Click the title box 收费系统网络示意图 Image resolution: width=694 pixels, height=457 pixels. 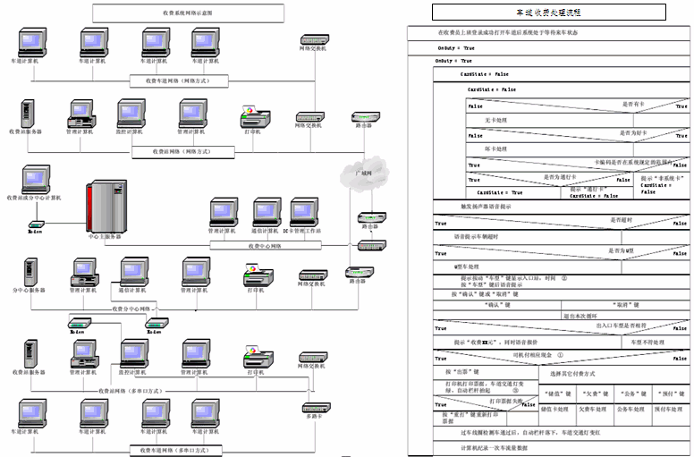[x=188, y=13]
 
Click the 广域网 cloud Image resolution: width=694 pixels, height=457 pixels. [x=365, y=168]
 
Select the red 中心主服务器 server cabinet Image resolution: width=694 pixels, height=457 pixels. [x=105, y=207]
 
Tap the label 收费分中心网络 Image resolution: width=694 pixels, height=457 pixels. [x=133, y=309]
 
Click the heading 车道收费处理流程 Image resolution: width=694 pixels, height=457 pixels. [x=548, y=13]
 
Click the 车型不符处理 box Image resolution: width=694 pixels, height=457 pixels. [x=647, y=342]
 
